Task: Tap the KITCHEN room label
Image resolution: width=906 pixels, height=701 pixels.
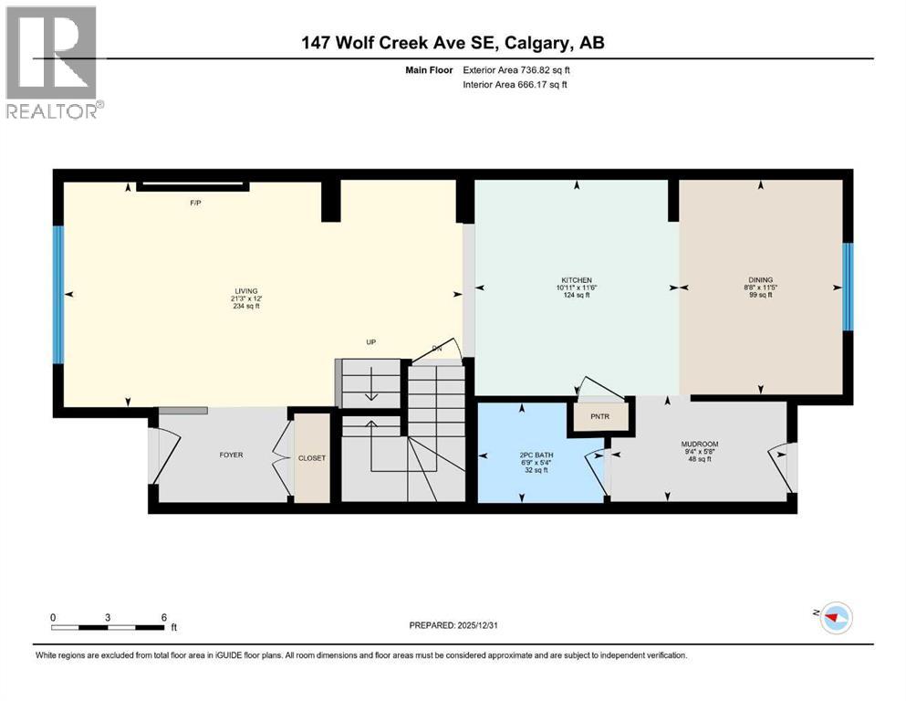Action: pyautogui.click(x=577, y=279)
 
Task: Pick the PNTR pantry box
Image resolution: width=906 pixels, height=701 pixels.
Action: pyautogui.click(x=599, y=416)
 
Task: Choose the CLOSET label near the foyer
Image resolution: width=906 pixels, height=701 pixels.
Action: pyautogui.click(x=311, y=458)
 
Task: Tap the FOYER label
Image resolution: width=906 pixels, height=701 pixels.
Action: pyautogui.click(x=231, y=455)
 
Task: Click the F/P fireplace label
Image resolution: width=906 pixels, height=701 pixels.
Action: pyautogui.click(x=195, y=202)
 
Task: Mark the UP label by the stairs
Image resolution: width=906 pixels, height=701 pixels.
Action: pyautogui.click(x=371, y=342)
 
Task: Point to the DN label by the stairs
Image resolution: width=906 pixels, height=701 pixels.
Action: pyautogui.click(x=437, y=349)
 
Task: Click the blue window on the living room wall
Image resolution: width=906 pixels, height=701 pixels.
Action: pyautogui.click(x=58, y=294)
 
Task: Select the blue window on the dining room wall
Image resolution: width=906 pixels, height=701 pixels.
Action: pyautogui.click(x=847, y=287)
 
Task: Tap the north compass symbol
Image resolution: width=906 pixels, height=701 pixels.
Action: pyautogui.click(x=832, y=617)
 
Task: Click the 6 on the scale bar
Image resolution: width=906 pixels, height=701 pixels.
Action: pyautogui.click(x=163, y=617)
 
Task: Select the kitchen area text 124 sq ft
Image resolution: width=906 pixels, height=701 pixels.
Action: pyautogui.click(x=577, y=297)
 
